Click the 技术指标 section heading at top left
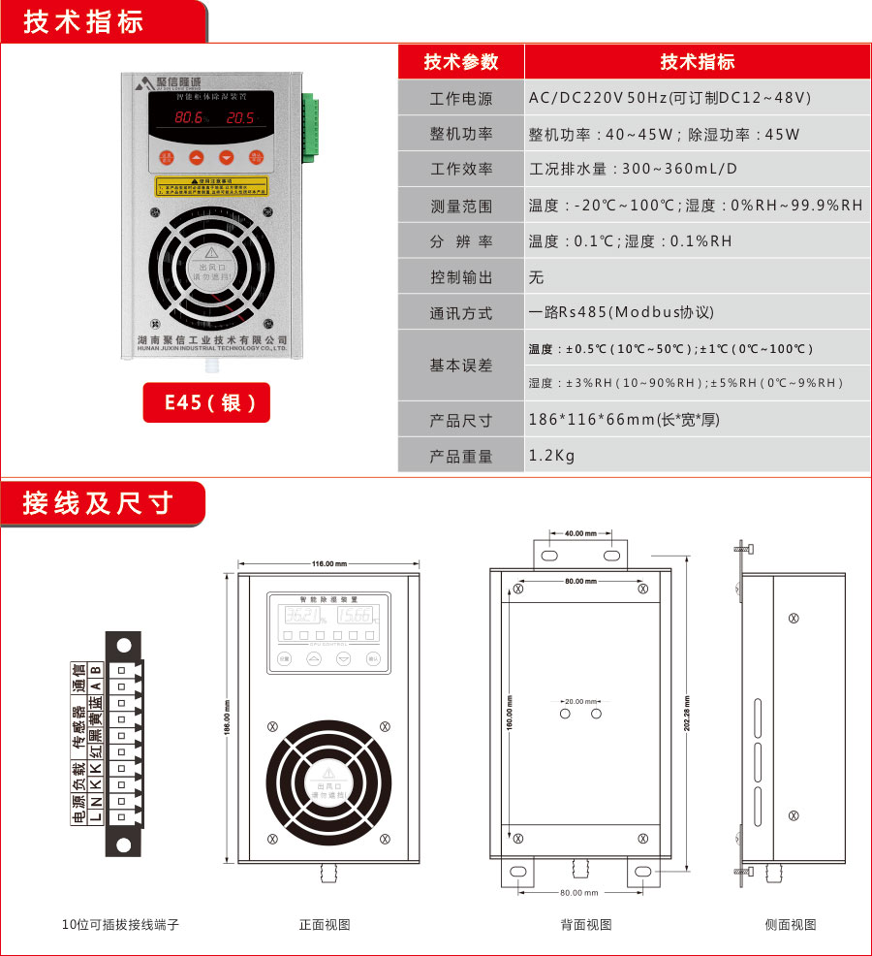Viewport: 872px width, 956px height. (84, 22)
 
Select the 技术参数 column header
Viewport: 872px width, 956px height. (461, 62)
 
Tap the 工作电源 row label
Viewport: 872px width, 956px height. (461, 99)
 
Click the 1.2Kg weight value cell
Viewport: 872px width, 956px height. (552, 456)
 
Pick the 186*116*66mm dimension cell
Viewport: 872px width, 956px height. (624, 420)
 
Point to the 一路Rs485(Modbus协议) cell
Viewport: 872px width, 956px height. (621, 313)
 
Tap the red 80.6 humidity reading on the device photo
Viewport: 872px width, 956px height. (191, 118)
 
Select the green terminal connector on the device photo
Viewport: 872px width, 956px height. (310, 127)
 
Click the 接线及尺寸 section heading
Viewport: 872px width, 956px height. (98, 503)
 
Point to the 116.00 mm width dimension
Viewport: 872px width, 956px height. (329, 563)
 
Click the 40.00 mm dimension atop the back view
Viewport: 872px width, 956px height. (580, 533)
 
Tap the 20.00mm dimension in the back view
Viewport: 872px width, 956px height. (581, 700)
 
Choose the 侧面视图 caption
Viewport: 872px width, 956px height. (791, 924)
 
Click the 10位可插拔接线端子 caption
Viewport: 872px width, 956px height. (120, 924)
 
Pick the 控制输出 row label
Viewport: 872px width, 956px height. (461, 278)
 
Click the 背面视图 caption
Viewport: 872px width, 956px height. (586, 924)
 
